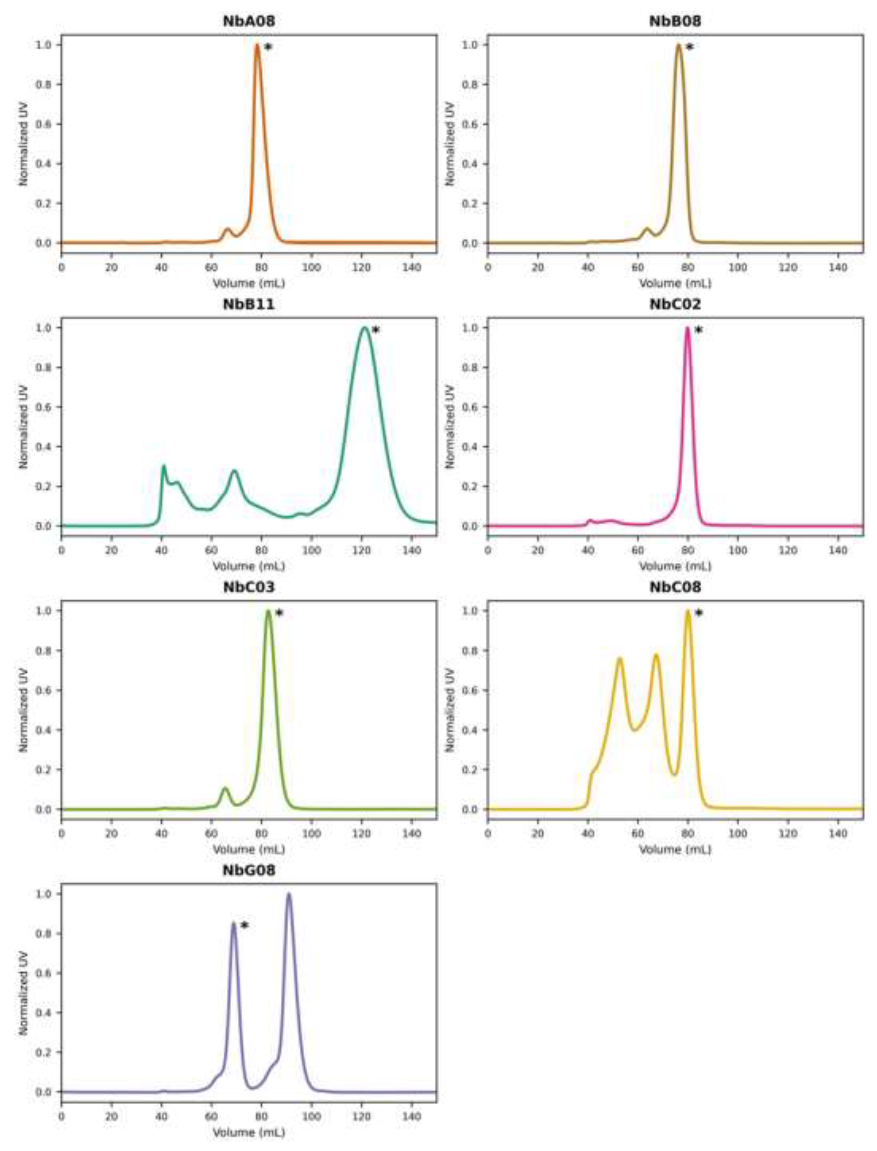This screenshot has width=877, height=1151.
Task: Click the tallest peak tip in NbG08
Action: tap(289, 895)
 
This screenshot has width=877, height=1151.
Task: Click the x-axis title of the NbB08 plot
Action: tap(675, 284)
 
